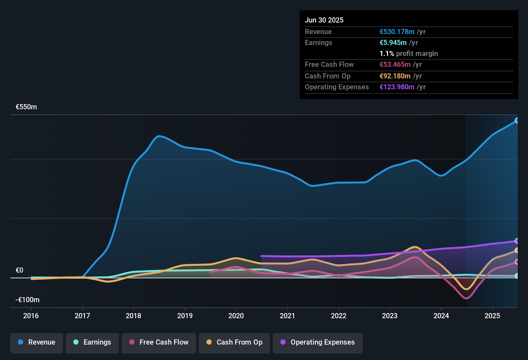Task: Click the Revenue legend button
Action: point(37,343)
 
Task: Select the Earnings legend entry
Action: point(92,343)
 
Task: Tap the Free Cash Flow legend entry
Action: point(159,343)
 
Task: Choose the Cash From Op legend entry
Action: point(234,343)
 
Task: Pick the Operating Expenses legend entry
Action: point(317,343)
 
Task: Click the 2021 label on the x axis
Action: point(287,316)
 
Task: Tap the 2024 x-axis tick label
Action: point(441,316)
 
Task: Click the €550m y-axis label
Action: point(26,107)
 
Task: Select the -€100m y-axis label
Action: point(27,300)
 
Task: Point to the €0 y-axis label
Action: point(19,270)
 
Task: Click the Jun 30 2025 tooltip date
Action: point(324,20)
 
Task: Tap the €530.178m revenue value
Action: point(397,32)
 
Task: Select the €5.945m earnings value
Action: point(393,43)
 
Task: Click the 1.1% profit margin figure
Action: point(387,54)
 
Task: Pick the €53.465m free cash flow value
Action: point(395,65)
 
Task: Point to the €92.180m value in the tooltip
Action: point(395,76)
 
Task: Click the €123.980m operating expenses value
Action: point(397,87)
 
